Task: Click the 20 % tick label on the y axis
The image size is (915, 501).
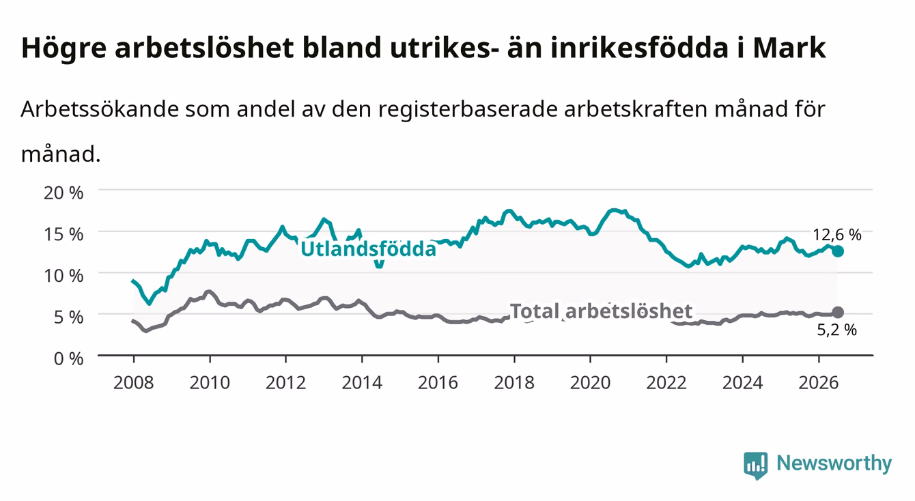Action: coord(64,192)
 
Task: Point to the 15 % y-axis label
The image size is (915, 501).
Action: coord(64,234)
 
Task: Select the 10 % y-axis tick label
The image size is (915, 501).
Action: coord(64,276)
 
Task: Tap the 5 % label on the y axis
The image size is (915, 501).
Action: coord(68,317)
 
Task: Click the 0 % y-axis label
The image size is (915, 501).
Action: coord(68,359)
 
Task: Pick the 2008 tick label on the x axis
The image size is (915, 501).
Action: coord(134,383)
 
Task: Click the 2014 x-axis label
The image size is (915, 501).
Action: coord(362,383)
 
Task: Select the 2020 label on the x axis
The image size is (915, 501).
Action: coord(590,383)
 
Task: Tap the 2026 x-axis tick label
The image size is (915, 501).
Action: coord(819,383)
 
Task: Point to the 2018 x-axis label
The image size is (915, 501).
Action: coord(514,383)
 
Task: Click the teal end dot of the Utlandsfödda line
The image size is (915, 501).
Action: coord(838,251)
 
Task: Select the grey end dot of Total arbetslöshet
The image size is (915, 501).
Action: coord(838,313)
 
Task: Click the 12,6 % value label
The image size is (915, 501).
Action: coord(837,235)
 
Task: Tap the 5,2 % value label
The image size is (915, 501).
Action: coord(837,330)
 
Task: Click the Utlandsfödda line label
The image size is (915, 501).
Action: coord(369,249)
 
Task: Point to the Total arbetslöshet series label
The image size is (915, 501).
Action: coord(602,311)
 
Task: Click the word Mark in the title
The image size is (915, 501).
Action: coord(789,48)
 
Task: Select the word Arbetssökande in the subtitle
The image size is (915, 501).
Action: coord(100,109)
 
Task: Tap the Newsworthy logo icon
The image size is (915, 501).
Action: coord(756,466)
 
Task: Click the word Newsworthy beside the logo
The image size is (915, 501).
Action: coord(834,463)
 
